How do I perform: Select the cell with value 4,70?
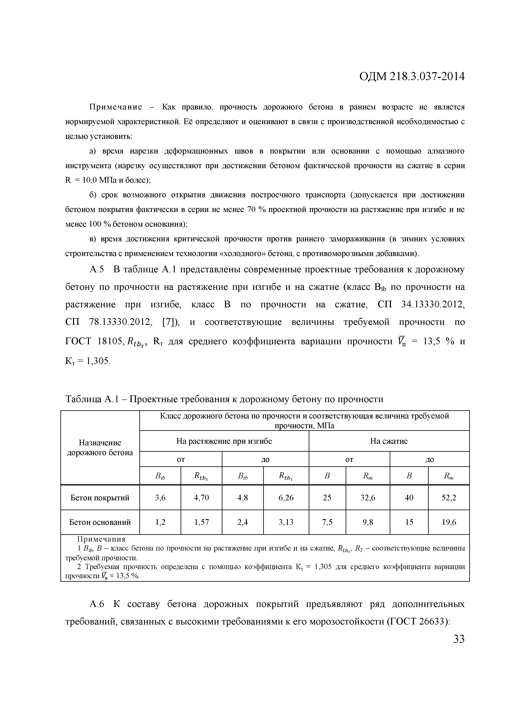(x=201, y=498)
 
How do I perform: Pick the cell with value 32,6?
(x=368, y=498)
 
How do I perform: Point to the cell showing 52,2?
(x=449, y=498)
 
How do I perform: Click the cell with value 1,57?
(x=201, y=522)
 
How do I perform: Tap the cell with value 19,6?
(x=449, y=522)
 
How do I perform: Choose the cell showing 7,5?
(x=327, y=522)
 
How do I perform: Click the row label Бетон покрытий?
(x=100, y=498)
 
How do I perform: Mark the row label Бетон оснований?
(x=100, y=522)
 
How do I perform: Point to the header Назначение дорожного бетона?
(x=100, y=448)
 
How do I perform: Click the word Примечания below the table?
(x=101, y=539)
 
